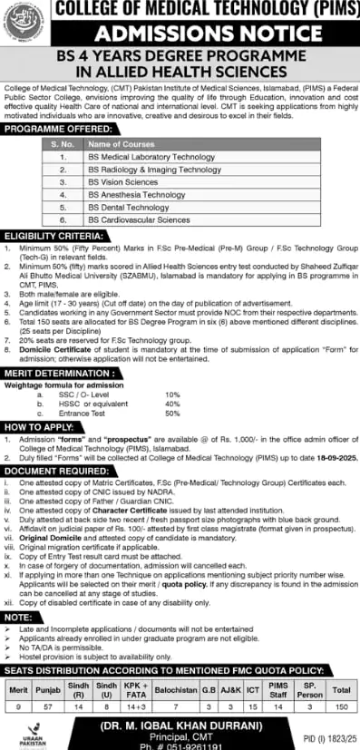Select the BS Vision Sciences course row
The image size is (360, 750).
[x=124, y=182]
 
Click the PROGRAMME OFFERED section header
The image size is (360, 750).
[x=54, y=130]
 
